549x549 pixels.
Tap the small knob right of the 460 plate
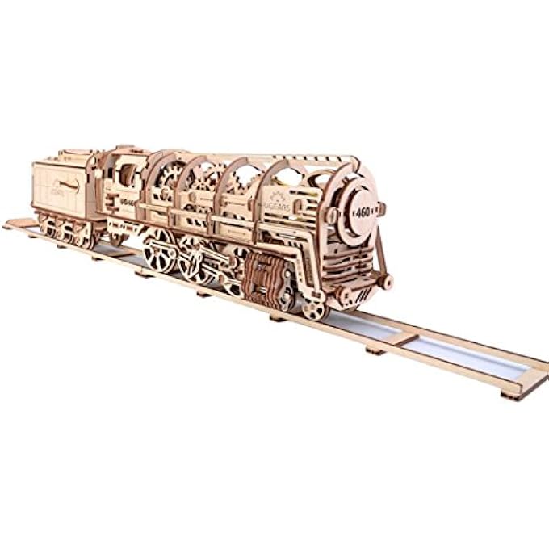point(382,208)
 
